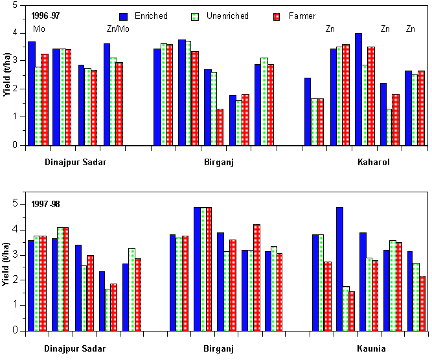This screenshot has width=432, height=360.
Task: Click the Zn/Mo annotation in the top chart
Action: click(118, 29)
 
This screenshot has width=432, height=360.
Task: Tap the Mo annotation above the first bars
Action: click(40, 29)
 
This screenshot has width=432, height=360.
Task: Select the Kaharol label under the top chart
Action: click(373, 162)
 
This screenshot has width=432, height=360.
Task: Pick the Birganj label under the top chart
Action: click(219, 162)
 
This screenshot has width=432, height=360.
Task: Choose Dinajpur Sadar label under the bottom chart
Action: click(75, 350)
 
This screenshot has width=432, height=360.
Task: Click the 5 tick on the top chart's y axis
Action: click(16, 4)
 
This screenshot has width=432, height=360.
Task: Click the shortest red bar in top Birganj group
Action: click(220, 127)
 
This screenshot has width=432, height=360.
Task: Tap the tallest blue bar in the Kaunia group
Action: click(339, 269)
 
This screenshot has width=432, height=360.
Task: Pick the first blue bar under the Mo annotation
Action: click(31, 93)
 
